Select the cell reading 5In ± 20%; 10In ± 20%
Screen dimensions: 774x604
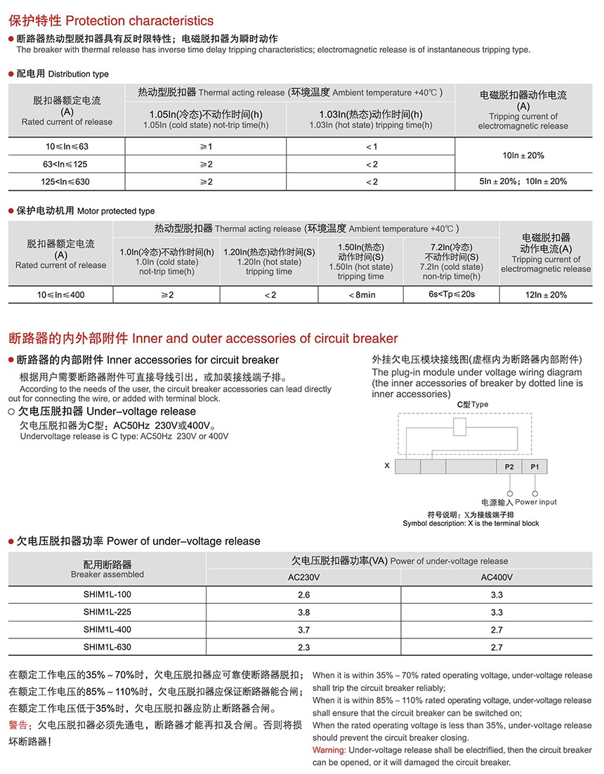pos(523,181)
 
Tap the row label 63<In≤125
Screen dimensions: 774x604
pos(66,164)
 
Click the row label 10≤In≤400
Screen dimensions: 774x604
pos(60,295)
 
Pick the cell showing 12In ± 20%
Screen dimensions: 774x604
pos(546,295)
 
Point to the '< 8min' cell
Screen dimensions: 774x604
pos(361,295)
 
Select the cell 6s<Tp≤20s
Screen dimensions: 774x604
pos(452,295)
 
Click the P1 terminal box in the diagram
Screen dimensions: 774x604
pos(534,467)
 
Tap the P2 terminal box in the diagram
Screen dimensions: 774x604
pos(509,467)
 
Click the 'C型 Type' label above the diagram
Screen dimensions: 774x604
pos(472,405)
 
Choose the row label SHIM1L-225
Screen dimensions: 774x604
pos(107,612)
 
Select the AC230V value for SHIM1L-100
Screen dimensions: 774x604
pos(303,595)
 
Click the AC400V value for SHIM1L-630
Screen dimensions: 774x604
pos(497,647)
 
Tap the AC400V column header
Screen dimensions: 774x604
pos(497,577)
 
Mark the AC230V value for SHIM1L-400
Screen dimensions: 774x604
pos(303,630)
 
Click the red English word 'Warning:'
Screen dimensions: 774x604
pos(329,750)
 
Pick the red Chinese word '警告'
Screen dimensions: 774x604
pos(20,725)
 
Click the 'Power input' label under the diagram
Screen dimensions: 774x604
pos(536,502)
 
